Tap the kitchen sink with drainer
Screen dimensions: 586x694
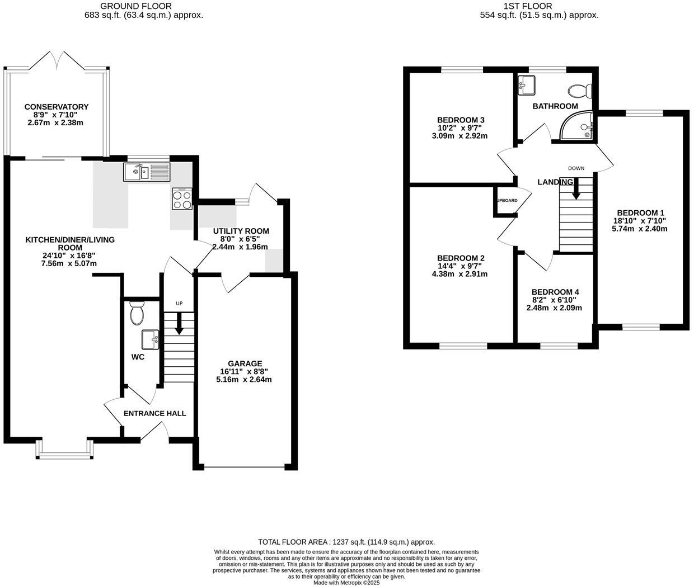pyautogui.click(x=146, y=172)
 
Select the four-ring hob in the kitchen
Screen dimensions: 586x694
pyautogui.click(x=182, y=199)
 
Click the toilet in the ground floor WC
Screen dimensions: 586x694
pyautogui.click(x=137, y=313)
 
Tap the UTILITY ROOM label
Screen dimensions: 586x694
pyautogui.click(x=241, y=231)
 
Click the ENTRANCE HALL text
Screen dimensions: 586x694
pyautogui.click(x=154, y=413)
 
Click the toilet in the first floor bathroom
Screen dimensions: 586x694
pyautogui.click(x=580, y=90)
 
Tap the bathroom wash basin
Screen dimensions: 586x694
pyautogui.click(x=527, y=85)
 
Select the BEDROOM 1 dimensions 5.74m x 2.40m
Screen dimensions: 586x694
pyautogui.click(x=640, y=229)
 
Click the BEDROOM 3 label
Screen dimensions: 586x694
pyautogui.click(x=460, y=120)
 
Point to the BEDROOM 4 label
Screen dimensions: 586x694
pyautogui.click(x=555, y=292)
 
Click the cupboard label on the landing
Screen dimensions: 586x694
pyautogui.click(x=505, y=200)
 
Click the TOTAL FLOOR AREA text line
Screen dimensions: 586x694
pyautogui.click(x=346, y=542)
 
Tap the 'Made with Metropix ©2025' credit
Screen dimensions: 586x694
pyautogui.click(x=346, y=582)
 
